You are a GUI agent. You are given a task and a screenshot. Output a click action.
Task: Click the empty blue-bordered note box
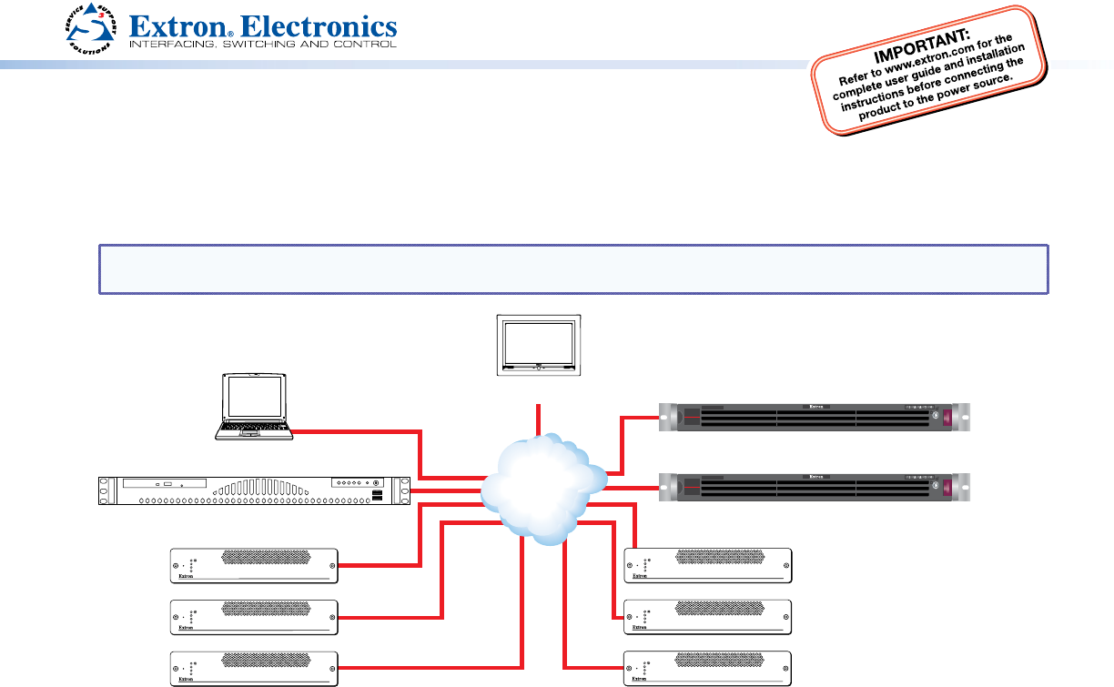point(573,268)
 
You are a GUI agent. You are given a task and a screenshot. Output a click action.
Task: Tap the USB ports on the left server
point(376,496)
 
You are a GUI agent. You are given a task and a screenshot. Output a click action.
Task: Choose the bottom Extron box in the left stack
point(255,668)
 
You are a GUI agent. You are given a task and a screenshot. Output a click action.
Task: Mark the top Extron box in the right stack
point(707,565)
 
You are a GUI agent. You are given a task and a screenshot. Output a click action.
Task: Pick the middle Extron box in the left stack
point(255,616)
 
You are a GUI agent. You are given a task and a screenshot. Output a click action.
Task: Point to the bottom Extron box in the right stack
point(707,668)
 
